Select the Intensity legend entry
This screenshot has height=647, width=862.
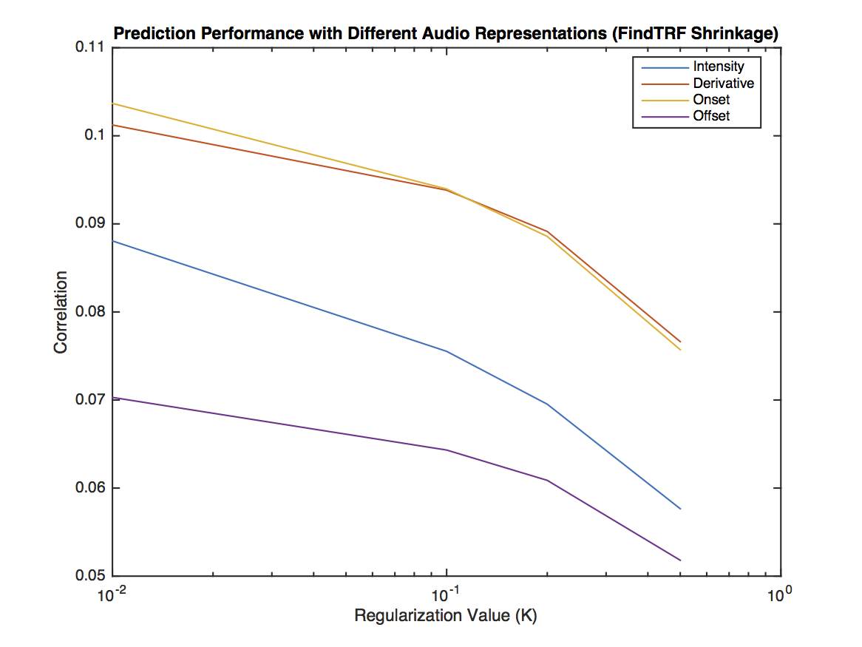719,67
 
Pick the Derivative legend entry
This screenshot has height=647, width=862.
723,84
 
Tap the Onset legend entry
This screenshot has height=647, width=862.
711,100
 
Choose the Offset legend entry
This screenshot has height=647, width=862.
711,116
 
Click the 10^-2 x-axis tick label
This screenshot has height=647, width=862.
112,593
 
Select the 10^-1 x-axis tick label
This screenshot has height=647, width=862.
446,593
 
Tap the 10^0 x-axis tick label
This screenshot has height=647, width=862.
779,593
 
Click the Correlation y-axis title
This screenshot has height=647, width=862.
61,311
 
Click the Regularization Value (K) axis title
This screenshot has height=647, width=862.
446,616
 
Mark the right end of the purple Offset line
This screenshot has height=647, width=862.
680,560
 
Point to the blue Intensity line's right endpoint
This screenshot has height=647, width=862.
680,509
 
